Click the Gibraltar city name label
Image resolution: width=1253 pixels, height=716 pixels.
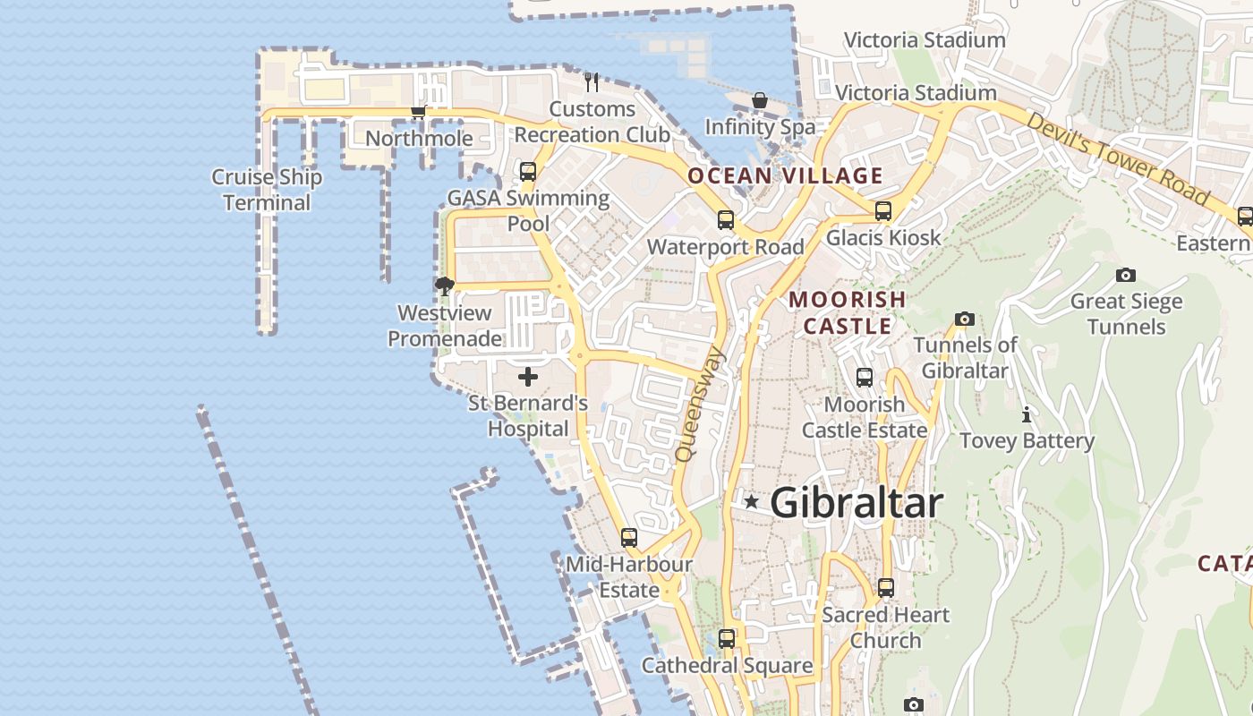pos(857,503)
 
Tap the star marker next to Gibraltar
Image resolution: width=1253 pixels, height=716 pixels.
pos(752,502)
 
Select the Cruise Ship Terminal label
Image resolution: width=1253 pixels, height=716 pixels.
pos(267,190)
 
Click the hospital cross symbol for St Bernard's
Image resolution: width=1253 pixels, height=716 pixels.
pos(528,377)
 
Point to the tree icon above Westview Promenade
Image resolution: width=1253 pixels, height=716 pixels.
pos(444,286)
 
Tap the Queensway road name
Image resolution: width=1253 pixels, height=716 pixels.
pos(701,405)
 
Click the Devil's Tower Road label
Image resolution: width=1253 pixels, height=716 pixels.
pos(1118,158)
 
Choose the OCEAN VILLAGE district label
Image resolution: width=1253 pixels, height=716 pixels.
pos(785,175)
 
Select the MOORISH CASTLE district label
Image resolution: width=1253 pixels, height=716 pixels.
pos(848,312)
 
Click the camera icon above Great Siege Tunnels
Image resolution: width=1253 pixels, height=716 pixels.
pos(1126,276)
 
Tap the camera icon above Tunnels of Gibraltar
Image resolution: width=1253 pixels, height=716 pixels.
pos(964,319)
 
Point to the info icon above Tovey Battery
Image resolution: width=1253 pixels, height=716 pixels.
pos(1027,415)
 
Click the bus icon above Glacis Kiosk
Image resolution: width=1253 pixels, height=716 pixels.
pos(883,211)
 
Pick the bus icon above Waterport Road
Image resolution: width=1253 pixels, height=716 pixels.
pos(726,219)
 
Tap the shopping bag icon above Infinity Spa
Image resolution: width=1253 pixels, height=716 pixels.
pos(760,100)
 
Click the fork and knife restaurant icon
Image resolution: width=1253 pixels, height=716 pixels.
pos(591,82)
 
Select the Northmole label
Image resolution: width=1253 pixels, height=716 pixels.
pos(419,139)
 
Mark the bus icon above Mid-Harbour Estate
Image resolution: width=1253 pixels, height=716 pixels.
pos(629,538)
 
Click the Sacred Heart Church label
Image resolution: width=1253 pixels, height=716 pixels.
pos(885,627)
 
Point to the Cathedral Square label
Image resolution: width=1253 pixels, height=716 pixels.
pos(727,666)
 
